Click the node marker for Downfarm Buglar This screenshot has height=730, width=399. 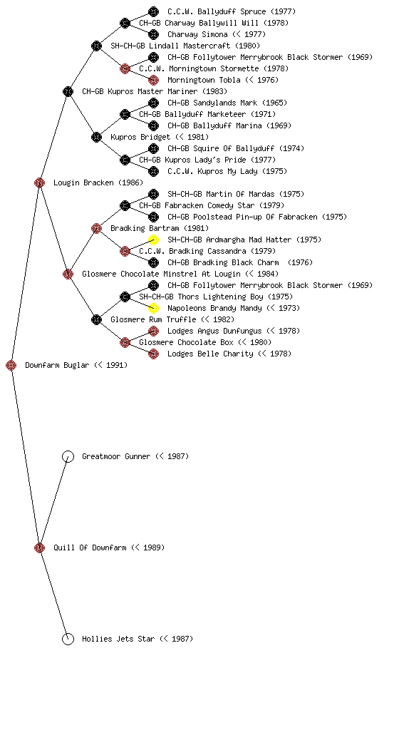point(11,365)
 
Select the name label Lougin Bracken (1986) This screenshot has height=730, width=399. point(98,182)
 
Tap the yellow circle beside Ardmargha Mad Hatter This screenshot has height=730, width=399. point(153,240)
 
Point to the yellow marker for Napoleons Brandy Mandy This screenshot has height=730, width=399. point(153,308)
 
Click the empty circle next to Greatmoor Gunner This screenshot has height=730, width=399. point(68,456)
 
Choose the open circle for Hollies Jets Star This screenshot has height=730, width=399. point(68,639)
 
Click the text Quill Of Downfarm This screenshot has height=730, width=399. point(90,547)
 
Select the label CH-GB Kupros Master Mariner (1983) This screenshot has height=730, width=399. point(155,91)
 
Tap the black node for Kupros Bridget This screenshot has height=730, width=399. point(96,137)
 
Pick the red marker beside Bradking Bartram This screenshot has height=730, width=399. point(96,228)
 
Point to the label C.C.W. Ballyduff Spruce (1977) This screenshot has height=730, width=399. point(232,11)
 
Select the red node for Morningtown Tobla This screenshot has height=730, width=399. point(153,80)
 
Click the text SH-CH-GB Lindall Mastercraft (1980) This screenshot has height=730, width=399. point(185,46)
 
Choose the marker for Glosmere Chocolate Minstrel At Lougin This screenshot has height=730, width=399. point(68,274)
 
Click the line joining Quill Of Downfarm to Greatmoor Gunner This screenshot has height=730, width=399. point(53,502)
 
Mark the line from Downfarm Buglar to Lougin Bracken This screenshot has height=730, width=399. point(25,274)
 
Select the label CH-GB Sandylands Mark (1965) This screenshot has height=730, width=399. point(227,103)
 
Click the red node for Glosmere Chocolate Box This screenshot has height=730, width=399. point(125,343)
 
